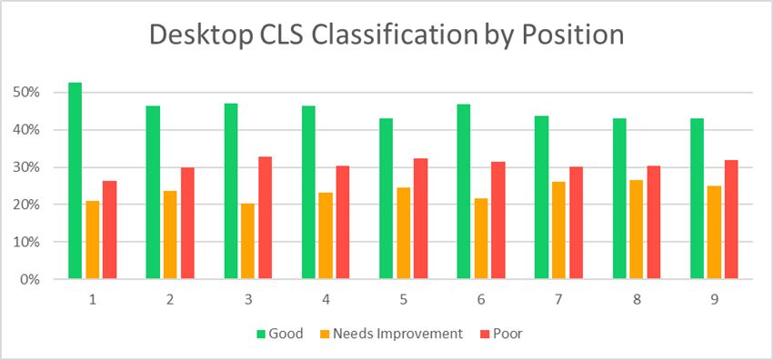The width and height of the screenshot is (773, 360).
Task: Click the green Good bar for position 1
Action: click(75, 181)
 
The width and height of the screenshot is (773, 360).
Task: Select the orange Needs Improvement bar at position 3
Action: click(247, 241)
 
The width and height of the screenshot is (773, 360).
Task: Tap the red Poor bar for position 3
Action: click(265, 218)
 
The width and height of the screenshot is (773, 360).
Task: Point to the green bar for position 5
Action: click(386, 199)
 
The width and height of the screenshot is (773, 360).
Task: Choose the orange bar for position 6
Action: click(481, 239)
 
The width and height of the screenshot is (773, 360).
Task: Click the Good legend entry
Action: click(280, 334)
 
